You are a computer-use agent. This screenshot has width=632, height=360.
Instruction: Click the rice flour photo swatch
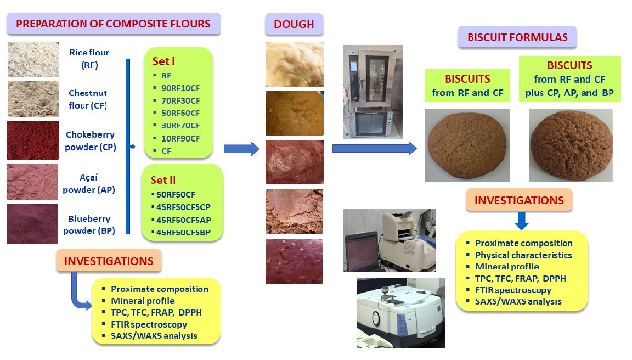coord(33,59)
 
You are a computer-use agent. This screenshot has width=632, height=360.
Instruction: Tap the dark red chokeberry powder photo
coord(32,140)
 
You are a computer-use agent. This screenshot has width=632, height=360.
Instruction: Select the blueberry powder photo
coord(32,224)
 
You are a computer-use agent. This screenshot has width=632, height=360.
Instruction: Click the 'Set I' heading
coord(164,61)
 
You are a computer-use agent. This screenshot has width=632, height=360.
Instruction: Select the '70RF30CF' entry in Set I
coord(180,100)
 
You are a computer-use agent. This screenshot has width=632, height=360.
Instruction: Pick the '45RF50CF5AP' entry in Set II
coord(183,220)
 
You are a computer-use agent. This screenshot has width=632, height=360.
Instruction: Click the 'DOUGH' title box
coord(294,25)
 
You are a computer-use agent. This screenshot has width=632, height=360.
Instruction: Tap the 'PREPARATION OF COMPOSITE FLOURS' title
coord(114,24)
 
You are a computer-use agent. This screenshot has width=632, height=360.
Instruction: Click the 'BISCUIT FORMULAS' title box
coord(517,38)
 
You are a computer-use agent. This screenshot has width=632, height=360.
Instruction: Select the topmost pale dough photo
coord(294,64)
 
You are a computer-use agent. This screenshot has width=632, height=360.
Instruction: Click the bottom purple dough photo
coord(294,261)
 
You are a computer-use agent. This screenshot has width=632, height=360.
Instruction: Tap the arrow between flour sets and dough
coord(241,148)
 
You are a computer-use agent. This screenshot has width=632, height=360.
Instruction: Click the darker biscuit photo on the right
coord(571,145)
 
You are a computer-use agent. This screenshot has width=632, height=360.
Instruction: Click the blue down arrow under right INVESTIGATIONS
coord(522,221)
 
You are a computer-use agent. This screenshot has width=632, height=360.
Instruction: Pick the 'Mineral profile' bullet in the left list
coord(143,301)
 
